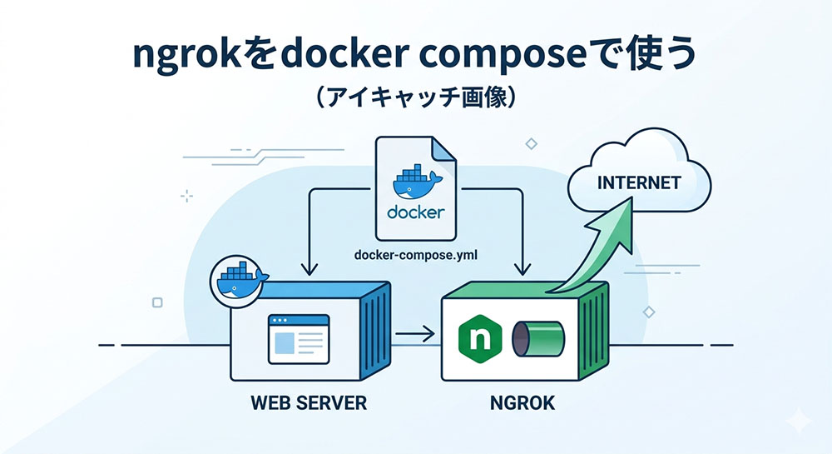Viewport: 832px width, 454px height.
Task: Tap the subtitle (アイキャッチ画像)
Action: point(416,98)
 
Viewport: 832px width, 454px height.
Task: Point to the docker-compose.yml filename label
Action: point(415,253)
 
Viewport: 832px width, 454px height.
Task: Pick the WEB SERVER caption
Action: point(309,404)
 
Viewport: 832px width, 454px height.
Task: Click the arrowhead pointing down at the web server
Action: point(310,268)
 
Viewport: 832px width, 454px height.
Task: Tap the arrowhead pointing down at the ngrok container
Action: point(522,268)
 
